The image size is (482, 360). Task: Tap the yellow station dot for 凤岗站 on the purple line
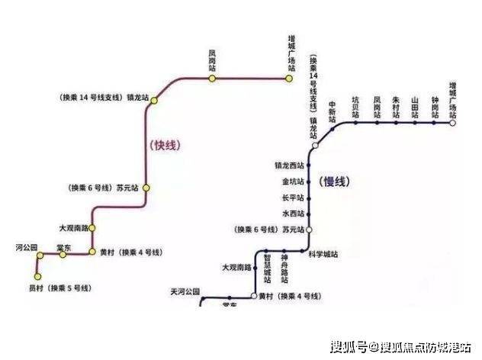(x=213, y=78)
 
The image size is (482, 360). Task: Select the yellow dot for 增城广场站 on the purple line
(x=291, y=78)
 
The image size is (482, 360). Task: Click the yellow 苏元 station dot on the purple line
(x=146, y=187)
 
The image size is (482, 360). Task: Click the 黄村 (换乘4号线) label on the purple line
(x=122, y=252)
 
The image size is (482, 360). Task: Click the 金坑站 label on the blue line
(x=292, y=182)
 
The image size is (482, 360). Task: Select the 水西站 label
(x=292, y=214)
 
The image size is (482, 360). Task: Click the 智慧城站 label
(x=267, y=271)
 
